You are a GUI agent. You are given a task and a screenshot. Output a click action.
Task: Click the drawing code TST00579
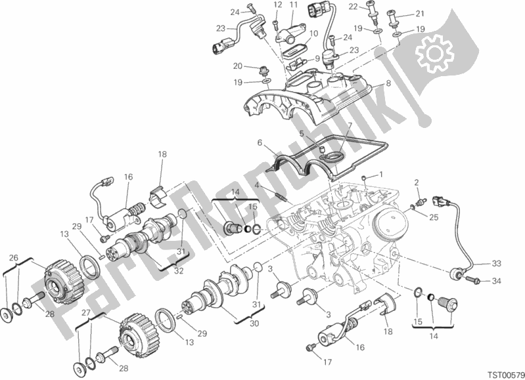pyautogui.click(x=505, y=373)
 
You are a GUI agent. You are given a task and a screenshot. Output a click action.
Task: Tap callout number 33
pyautogui.click(x=496, y=264)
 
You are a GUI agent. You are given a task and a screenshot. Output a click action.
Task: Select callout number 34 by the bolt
pyautogui.click(x=496, y=282)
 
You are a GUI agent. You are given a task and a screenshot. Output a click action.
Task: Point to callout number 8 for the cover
pyautogui.click(x=388, y=83)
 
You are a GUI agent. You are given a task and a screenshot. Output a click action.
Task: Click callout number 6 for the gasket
pyautogui.click(x=260, y=143)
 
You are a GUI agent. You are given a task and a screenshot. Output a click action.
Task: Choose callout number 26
pyautogui.click(x=13, y=257)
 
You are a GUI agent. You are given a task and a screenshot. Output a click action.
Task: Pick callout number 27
pyautogui.click(x=86, y=313)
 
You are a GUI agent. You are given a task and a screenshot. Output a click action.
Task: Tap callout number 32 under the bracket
pyautogui.click(x=179, y=270)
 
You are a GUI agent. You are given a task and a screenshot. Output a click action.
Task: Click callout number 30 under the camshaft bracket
pyautogui.click(x=254, y=324)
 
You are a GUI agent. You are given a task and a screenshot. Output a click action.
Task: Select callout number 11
pyautogui.click(x=294, y=5)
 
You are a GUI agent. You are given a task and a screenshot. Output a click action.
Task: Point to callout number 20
pyautogui.click(x=237, y=66)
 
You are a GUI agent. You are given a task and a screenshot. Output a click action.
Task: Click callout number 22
pyautogui.click(x=354, y=7)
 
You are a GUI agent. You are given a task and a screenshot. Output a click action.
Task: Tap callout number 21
pyautogui.click(x=419, y=13)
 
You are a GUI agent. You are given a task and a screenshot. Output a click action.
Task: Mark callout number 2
pyautogui.click(x=417, y=182)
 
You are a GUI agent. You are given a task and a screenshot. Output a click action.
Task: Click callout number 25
pyautogui.click(x=434, y=218)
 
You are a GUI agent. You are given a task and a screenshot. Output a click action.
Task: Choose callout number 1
pyautogui.click(x=380, y=175)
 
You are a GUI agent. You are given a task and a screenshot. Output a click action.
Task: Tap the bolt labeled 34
pyautogui.click(x=473, y=280)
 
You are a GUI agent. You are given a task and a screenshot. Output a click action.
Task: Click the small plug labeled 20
pyautogui.click(x=263, y=71)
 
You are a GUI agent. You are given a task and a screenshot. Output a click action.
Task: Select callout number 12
pyautogui.click(x=277, y=5)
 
